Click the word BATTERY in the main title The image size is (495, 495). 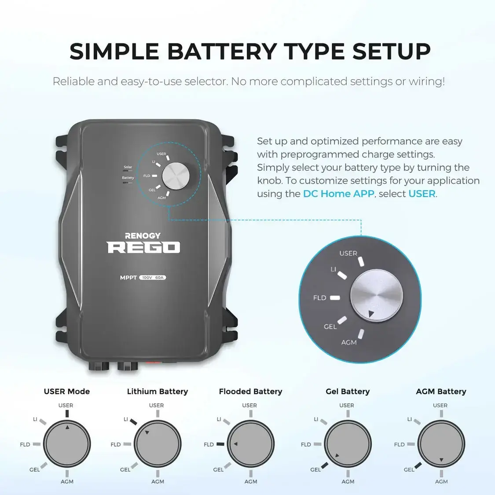click(222, 51)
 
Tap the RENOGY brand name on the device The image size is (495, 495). click(143, 236)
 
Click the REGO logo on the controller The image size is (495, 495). click(143, 247)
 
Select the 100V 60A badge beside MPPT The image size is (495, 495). click(153, 278)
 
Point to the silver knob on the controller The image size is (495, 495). click(176, 176)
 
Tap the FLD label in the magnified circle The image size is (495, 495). click(320, 298)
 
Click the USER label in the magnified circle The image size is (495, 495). click(348, 253)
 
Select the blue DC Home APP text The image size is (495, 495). click(338, 194)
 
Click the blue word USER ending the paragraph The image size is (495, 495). click(422, 194)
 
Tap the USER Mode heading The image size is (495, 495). click(67, 392)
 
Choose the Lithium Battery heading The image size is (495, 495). click(158, 392)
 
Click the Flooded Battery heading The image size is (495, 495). click(250, 392)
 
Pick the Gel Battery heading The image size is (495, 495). click(348, 392)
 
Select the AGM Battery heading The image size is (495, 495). click(441, 392)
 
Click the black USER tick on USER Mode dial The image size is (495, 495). click(67, 414)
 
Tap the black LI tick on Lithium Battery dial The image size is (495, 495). click(134, 422)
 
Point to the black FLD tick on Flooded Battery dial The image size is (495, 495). click(220, 444)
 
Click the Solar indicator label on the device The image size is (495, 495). click(128, 167)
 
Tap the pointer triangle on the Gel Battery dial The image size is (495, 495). click(337, 455)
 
